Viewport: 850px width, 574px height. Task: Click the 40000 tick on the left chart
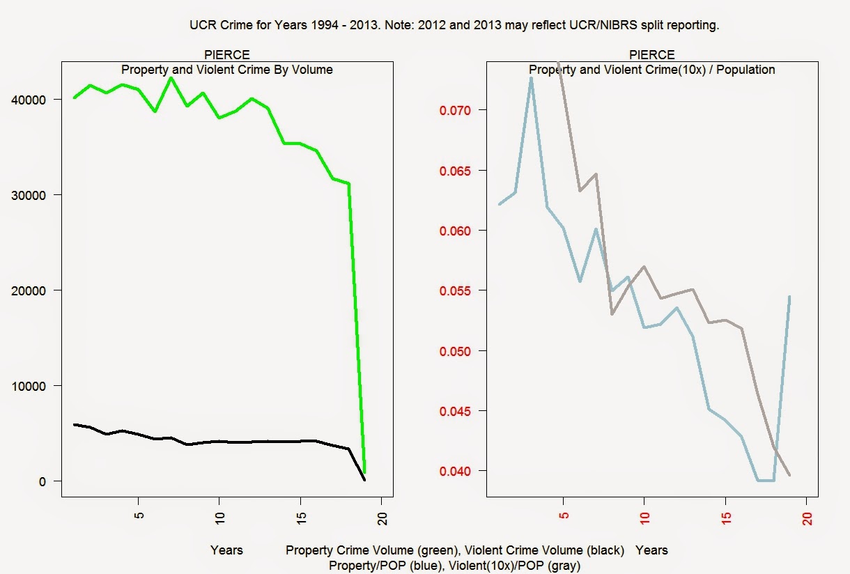pos(30,100)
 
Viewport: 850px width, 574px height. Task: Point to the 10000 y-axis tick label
pos(30,386)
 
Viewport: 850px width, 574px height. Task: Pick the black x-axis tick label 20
pos(382,518)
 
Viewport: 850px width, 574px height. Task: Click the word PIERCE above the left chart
pos(226,55)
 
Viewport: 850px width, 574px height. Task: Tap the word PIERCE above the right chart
pos(651,55)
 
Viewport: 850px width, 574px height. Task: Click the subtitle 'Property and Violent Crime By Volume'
pos(226,70)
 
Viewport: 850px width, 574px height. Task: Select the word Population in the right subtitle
pos(745,70)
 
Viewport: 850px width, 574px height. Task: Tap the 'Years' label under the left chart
pos(226,550)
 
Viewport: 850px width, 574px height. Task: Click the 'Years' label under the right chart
pos(651,550)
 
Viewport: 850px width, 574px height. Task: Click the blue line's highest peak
pos(531,78)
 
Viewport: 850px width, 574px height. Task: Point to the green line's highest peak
pos(171,77)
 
